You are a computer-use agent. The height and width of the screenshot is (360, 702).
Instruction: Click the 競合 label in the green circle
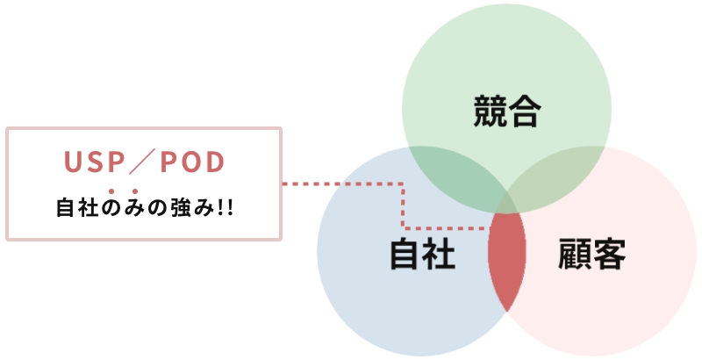point(507,111)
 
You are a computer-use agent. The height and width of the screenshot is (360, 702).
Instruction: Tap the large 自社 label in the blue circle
point(423,254)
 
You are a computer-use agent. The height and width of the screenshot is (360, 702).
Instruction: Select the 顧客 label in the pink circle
point(591,254)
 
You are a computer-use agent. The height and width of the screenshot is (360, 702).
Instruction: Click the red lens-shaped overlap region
point(507,261)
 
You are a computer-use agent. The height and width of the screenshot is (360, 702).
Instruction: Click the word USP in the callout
point(94,162)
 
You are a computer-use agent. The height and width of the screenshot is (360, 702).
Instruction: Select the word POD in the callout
point(192,162)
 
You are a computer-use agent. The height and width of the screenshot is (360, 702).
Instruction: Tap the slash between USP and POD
point(141,162)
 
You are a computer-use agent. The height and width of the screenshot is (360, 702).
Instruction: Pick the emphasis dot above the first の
point(111,191)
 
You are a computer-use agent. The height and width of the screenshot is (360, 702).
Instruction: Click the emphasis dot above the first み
point(135,191)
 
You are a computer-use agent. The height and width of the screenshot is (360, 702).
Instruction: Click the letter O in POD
point(190,162)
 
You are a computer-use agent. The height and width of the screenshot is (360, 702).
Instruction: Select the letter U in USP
point(73,162)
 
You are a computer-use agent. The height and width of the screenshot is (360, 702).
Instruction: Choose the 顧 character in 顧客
point(575,254)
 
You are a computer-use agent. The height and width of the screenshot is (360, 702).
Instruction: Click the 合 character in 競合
point(525,111)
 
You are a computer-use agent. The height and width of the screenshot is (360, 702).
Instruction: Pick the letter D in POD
point(215,162)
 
